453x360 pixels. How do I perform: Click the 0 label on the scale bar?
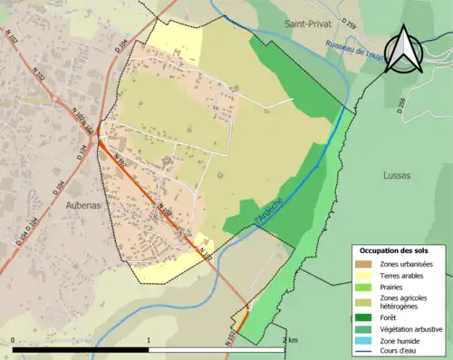13,340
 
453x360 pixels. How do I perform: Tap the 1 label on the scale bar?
149,340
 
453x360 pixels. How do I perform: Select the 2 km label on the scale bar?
289,340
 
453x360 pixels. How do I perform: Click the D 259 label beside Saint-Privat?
349,22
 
